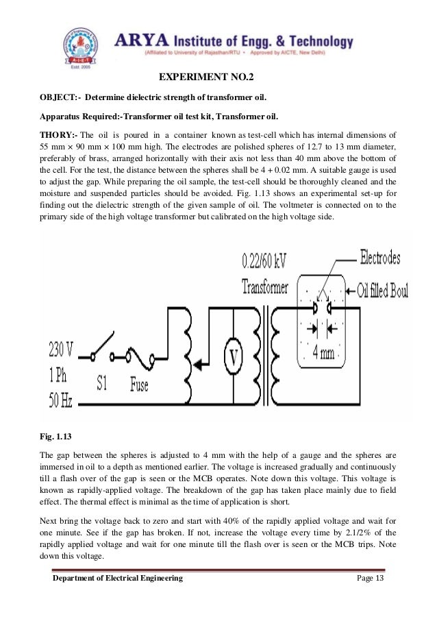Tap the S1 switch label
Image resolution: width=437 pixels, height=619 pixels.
click(101, 383)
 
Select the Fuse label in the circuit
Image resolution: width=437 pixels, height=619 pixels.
click(139, 385)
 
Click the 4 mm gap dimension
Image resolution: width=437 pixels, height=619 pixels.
click(323, 353)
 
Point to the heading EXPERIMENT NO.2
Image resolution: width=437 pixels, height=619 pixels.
click(216, 77)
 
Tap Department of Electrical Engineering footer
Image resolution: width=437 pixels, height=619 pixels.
click(118, 579)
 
